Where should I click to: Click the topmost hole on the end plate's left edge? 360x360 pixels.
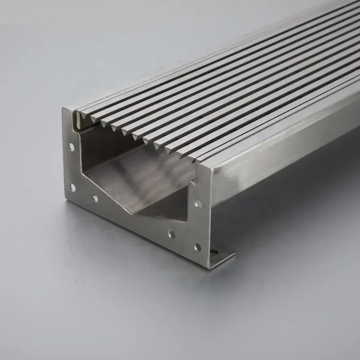click(72, 146)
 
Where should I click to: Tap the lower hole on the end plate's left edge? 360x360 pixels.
click(72, 187)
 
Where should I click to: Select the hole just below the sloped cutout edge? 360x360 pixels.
click(94, 198)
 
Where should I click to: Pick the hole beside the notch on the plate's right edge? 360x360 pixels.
click(198, 204)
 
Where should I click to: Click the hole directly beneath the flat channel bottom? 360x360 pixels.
click(171, 234)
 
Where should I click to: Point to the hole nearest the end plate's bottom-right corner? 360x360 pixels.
click(197, 247)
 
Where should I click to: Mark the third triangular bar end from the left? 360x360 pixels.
click(105, 123)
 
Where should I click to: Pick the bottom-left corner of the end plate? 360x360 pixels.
click(68, 200)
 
